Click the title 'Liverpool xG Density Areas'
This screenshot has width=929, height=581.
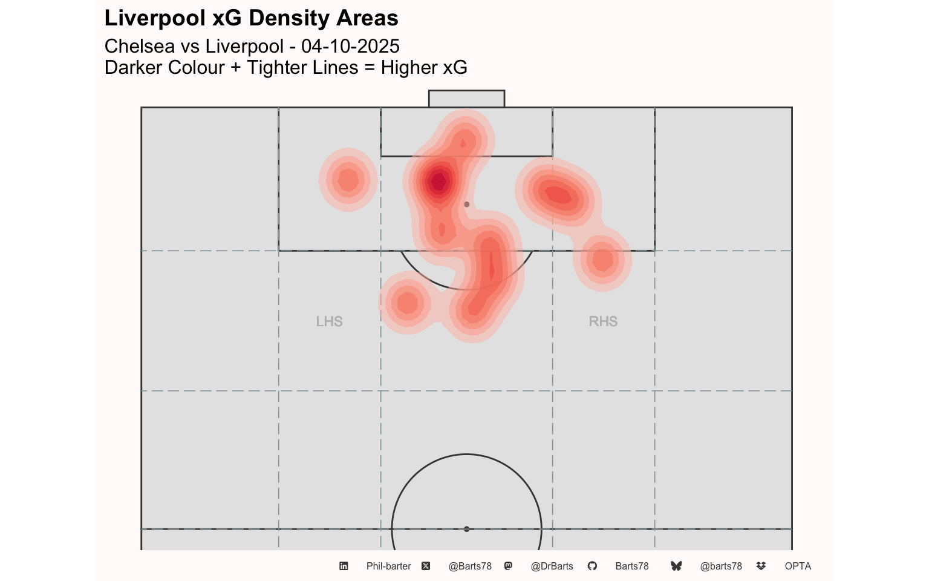(251, 18)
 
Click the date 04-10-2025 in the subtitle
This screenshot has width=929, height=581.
(350, 47)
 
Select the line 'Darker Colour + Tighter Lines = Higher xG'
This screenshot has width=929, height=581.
(285, 68)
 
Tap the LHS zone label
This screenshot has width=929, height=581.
(329, 321)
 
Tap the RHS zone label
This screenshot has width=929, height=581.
(603, 321)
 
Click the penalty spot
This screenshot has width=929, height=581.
(466, 205)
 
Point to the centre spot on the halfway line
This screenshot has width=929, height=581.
(466, 529)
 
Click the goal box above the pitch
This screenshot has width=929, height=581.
(466, 99)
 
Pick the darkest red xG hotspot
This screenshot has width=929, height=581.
(438, 181)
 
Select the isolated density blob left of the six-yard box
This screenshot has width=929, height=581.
(348, 180)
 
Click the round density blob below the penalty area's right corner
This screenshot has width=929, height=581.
(602, 260)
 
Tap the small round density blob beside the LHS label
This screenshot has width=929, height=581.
(406, 303)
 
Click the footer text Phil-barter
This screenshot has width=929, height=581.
(388, 566)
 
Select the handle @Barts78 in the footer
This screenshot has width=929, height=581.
(470, 566)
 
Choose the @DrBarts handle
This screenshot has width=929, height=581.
(552, 566)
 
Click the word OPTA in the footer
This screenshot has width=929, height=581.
(798, 566)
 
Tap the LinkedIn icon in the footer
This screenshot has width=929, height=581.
(344, 566)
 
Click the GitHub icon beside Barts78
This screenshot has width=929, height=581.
(592, 566)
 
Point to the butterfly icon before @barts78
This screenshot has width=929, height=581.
(676, 566)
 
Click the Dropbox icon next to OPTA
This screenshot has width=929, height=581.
(761, 566)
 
